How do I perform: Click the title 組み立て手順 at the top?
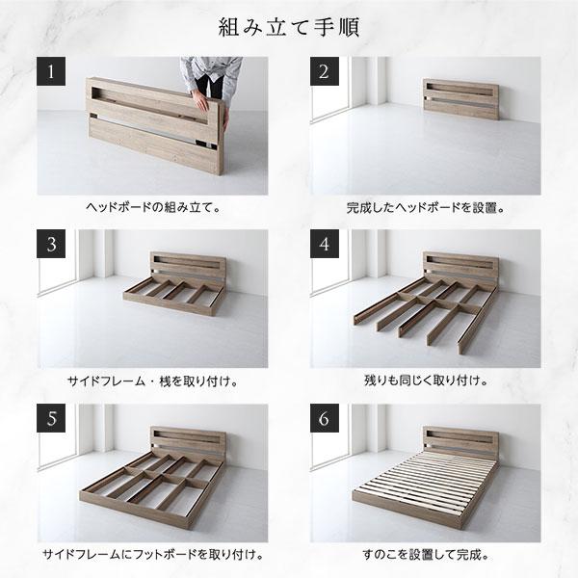pyautogui.click(x=288, y=23)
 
